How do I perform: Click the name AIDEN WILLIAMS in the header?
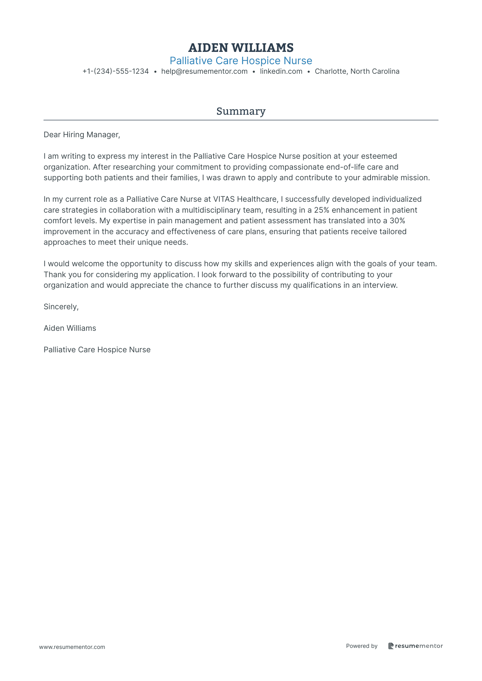click(x=241, y=48)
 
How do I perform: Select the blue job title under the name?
click(x=241, y=61)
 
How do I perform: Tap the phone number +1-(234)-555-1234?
click(x=116, y=71)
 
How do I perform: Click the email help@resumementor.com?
click(x=204, y=71)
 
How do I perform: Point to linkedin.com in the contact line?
click(x=281, y=71)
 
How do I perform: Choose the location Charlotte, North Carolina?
click(x=357, y=71)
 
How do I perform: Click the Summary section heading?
click(x=241, y=111)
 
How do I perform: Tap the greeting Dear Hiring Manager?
click(x=82, y=134)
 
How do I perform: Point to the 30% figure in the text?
click(x=397, y=221)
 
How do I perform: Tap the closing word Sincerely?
click(x=61, y=307)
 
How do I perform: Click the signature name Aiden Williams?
click(x=70, y=328)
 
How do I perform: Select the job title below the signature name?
click(x=97, y=350)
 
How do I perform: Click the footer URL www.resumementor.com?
click(x=72, y=647)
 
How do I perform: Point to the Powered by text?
click(x=361, y=646)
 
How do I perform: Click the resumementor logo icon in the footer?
click(x=391, y=646)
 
